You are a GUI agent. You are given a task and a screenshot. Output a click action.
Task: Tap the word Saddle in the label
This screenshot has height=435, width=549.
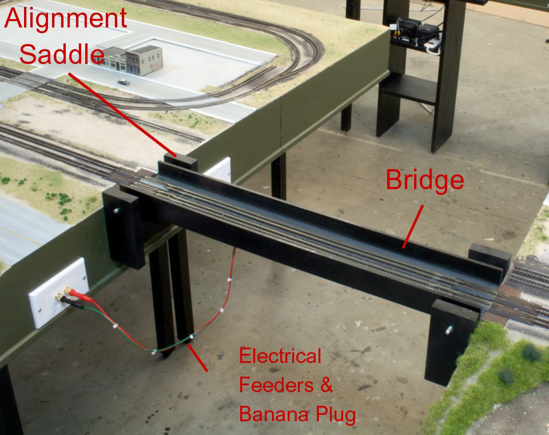pyautogui.click(x=62, y=54)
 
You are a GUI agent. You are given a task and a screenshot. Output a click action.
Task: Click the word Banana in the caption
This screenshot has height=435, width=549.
pyautogui.click(x=274, y=414)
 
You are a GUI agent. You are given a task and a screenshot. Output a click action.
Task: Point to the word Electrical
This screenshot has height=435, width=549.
pyautogui.click(x=280, y=356)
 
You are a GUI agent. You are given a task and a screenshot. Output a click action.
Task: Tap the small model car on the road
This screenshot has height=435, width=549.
pyautogui.click(x=124, y=82)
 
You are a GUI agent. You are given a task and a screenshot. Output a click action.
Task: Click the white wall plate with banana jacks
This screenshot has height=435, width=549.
pyautogui.click(x=58, y=293)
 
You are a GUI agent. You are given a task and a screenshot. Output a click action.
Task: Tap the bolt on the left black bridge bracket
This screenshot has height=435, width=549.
pyautogui.click(x=116, y=211)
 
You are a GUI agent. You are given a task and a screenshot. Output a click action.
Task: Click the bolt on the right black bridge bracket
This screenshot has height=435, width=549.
pyautogui.click(x=448, y=329)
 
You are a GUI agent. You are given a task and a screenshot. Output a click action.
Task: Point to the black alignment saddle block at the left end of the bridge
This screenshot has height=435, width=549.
pyautogui.click(x=181, y=162)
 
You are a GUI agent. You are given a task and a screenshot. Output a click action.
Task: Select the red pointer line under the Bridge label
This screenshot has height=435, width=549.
pyautogui.click(x=413, y=227)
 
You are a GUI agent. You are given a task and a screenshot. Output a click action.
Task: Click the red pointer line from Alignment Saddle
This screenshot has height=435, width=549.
pyautogui.click(x=122, y=114)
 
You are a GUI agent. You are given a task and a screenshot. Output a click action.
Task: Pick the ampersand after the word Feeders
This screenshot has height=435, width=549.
pyautogui.click(x=326, y=385)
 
